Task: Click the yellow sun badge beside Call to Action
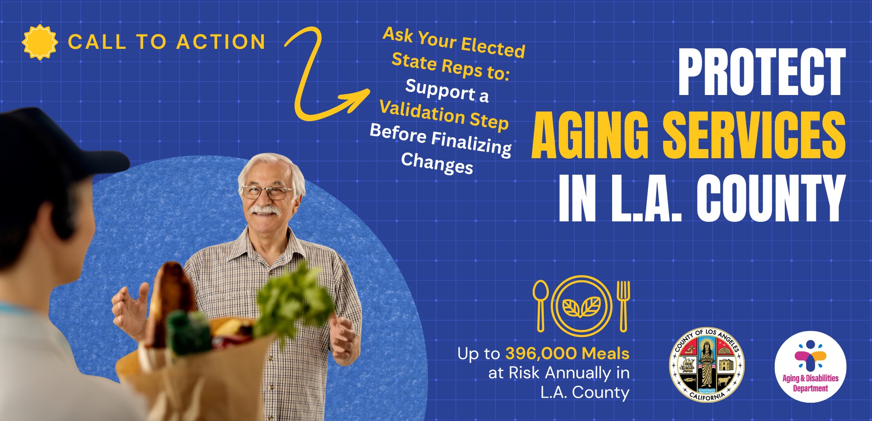click(x=40, y=42)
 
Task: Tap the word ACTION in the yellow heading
click(x=221, y=42)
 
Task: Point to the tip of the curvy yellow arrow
click(x=369, y=90)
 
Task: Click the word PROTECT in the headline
click(x=762, y=72)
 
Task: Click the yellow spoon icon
click(x=541, y=306)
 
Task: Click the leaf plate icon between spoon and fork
click(x=582, y=306)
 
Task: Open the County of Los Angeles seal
click(x=707, y=365)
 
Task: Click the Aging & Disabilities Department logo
click(x=811, y=367)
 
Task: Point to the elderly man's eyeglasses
click(x=267, y=192)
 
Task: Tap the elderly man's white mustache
click(x=265, y=210)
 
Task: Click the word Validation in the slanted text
click(x=422, y=112)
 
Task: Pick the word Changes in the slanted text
click(x=437, y=163)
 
